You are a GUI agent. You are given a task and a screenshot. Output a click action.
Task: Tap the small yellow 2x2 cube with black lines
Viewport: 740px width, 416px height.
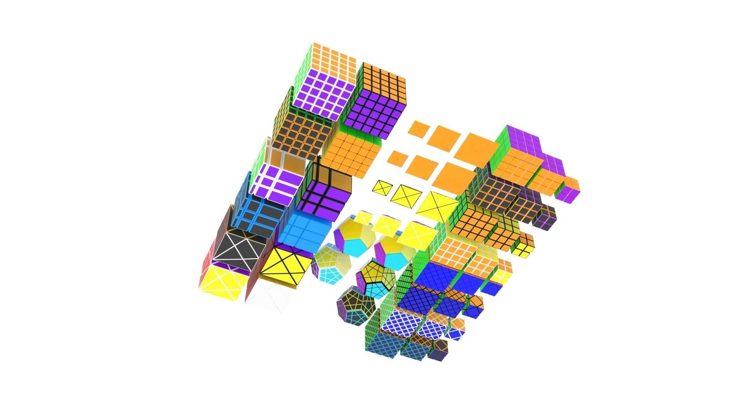(x=523, y=244)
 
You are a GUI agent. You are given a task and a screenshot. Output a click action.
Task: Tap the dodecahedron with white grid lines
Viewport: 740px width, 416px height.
(x=331, y=265)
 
